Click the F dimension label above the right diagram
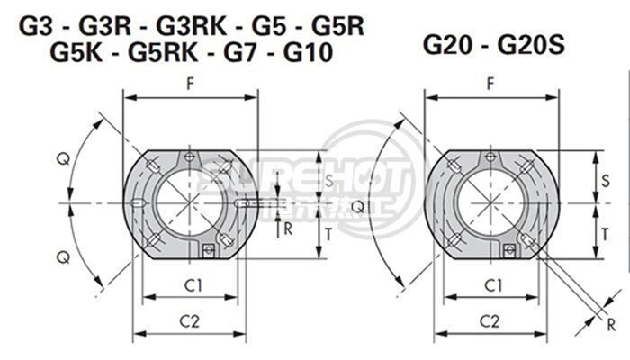(x=490, y=84)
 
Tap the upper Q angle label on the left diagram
(x=62, y=159)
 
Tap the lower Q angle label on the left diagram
(x=62, y=256)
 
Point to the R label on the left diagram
(x=287, y=228)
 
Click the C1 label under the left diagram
(x=191, y=285)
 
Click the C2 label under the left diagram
(x=190, y=320)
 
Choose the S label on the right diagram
(x=605, y=181)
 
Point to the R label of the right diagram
(x=611, y=324)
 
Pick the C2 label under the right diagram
(x=490, y=320)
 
